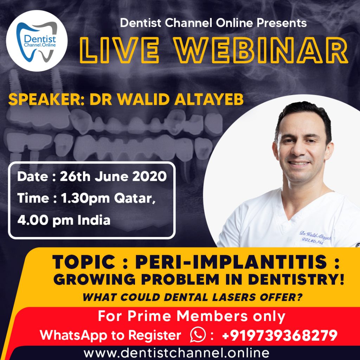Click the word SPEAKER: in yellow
pyautogui.click(x=46, y=99)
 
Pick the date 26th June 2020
pyautogui.click(x=113, y=177)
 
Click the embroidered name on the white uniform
pyautogui.click(x=315, y=236)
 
